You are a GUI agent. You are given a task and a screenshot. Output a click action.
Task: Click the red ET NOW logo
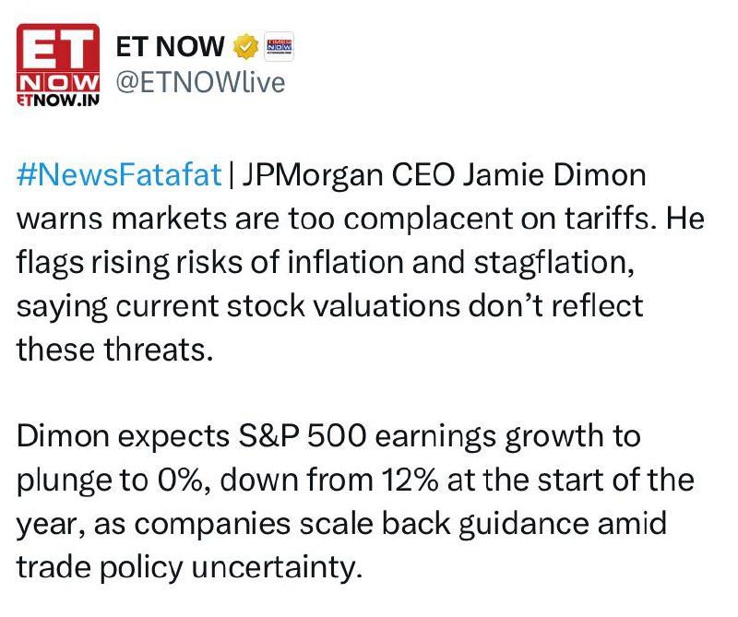tap(58, 65)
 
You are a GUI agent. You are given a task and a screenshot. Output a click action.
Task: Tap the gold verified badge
tap(246, 47)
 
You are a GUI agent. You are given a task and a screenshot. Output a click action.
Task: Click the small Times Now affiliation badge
tap(280, 47)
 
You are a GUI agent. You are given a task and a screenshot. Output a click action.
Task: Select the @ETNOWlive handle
tap(200, 83)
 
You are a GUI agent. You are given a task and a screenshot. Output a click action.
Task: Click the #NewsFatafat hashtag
tap(119, 174)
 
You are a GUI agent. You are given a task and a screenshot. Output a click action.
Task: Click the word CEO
tap(423, 174)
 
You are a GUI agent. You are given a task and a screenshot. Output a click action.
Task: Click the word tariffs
tap(610, 218)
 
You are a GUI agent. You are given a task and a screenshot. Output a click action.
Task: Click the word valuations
tap(386, 306)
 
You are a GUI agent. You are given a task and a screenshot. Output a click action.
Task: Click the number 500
tap(337, 436)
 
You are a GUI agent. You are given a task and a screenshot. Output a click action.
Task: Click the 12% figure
tap(410, 480)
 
